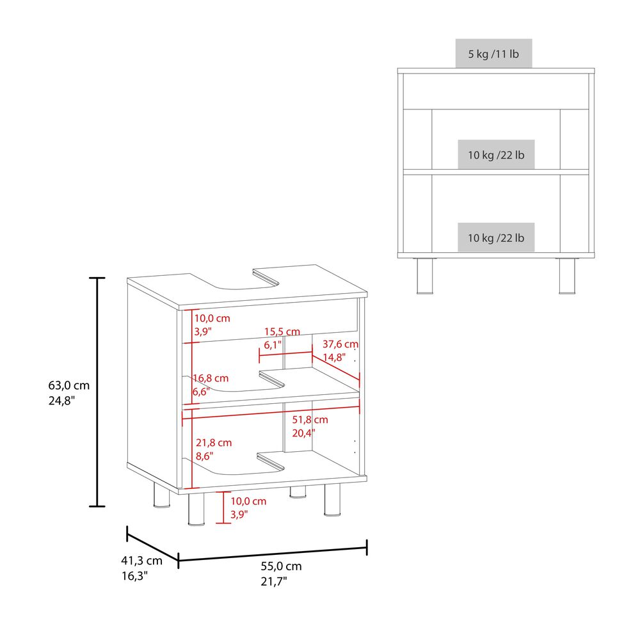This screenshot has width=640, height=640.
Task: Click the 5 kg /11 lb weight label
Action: click(493, 54)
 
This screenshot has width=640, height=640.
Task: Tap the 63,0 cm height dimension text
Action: click(68, 385)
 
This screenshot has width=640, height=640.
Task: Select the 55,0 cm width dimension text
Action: click(281, 566)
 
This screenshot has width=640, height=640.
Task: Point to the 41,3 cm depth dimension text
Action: click(141, 561)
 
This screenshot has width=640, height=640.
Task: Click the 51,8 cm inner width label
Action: click(310, 420)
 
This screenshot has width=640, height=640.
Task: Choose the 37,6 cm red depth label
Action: click(340, 344)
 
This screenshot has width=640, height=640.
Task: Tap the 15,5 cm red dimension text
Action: click(282, 332)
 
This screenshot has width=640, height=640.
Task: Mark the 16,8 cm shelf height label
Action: click(211, 378)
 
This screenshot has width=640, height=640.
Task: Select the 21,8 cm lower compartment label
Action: click(214, 442)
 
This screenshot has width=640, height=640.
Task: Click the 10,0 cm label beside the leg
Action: click(248, 501)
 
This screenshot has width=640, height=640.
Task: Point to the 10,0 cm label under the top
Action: click(212, 318)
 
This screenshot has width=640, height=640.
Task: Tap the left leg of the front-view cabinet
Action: click(425, 276)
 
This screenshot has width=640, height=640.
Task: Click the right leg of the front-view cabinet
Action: click(567, 276)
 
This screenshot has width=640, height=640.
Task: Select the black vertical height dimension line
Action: click(97, 392)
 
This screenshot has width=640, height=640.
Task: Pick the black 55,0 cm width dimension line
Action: click(273, 554)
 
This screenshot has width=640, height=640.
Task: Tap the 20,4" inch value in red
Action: click(303, 433)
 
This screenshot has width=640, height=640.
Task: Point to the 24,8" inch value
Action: click(61, 401)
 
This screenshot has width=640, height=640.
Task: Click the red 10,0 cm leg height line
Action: click(223, 508)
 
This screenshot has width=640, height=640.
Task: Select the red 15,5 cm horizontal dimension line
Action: click(285, 354)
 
